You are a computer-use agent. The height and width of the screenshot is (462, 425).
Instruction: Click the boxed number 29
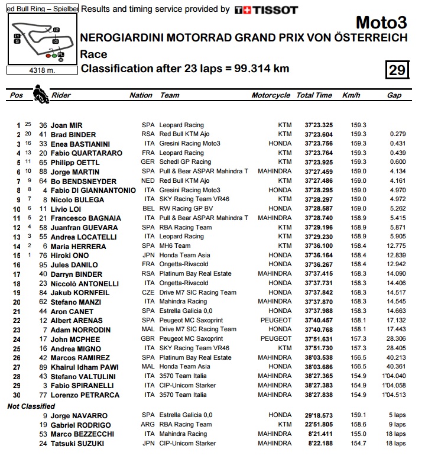tap(397, 70)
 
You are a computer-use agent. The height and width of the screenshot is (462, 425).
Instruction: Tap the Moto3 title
tap(381, 23)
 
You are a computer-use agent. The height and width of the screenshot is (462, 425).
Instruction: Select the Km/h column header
tap(351, 95)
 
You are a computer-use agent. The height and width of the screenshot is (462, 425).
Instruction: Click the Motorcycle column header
tap(271, 95)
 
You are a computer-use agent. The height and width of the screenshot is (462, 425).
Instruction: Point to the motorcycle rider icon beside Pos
tap(40, 93)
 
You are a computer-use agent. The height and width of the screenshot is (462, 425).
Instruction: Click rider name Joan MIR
tap(67, 125)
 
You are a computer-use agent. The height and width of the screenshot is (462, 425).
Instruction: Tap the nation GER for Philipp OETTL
tap(148, 162)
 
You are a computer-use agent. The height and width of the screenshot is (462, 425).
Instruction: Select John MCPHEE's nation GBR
tap(148, 339)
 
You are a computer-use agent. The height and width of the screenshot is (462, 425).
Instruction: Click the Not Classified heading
tap(31, 406)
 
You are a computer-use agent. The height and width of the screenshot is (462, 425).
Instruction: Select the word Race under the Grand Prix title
tap(93, 54)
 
